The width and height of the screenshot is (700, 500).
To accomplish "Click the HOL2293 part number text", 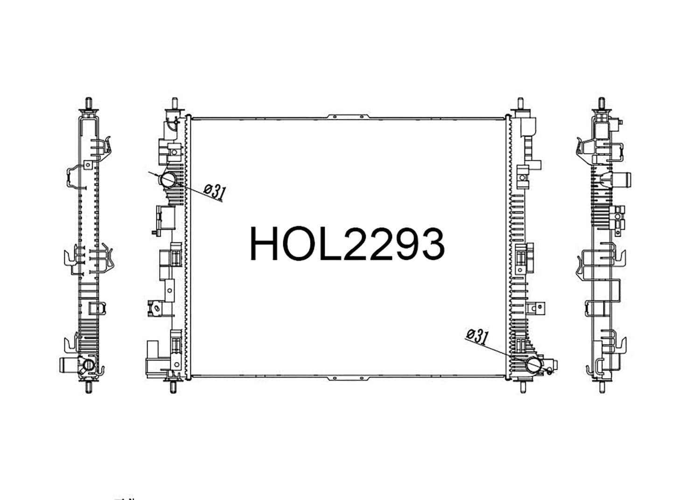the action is click(x=347, y=244).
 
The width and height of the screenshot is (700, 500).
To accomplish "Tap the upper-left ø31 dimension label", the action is click(x=215, y=191).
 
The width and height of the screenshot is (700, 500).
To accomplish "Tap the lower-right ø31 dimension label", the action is click(x=477, y=337).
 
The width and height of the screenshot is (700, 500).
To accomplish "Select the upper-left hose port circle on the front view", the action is click(x=168, y=180).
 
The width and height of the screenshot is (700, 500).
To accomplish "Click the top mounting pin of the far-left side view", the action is click(x=89, y=103).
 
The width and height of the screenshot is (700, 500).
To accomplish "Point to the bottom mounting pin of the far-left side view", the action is click(x=89, y=387).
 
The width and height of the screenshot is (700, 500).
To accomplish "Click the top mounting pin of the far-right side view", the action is click(x=602, y=103).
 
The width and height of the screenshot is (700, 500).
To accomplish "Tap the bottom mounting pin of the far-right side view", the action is click(x=602, y=387).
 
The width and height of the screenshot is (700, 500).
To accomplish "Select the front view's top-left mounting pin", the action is click(x=175, y=103).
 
